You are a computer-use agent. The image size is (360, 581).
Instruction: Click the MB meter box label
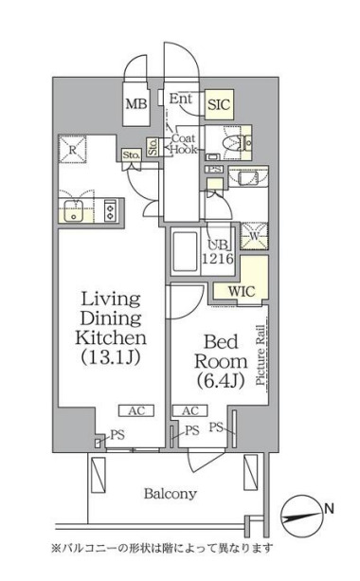click(x=136, y=104)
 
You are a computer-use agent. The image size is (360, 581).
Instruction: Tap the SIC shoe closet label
click(x=219, y=105)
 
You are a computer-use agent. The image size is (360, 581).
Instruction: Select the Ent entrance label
click(x=181, y=99)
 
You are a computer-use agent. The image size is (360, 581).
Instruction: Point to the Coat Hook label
click(x=184, y=144)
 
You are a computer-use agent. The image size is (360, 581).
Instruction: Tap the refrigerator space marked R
click(x=73, y=150)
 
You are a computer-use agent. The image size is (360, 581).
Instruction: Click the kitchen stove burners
click(x=110, y=210)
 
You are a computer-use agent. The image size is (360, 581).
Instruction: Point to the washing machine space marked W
click(x=255, y=236)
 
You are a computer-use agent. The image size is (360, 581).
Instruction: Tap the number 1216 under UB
click(x=217, y=258)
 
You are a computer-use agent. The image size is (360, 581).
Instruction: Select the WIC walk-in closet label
click(x=242, y=291)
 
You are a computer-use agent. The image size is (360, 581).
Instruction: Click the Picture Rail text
click(x=261, y=355)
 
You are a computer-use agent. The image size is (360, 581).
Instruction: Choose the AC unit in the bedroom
click(x=190, y=411)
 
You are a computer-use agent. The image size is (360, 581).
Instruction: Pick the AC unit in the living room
click(x=136, y=411)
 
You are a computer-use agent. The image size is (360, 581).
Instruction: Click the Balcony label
click(x=170, y=494)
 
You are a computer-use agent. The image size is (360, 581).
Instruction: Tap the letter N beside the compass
click(x=330, y=508)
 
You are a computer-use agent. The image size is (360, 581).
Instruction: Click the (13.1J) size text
click(x=111, y=357)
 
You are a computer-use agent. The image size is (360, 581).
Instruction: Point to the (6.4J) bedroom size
click(x=221, y=380)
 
